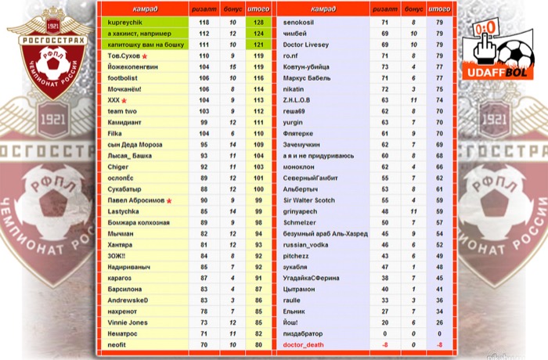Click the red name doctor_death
(x=303, y=344)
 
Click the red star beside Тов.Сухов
(x=144, y=57)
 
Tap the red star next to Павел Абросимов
(x=168, y=201)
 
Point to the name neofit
(x=117, y=344)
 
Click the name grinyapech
(x=301, y=211)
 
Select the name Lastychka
(x=124, y=211)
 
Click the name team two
(x=122, y=112)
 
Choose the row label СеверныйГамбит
(x=309, y=178)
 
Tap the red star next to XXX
(x=124, y=101)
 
